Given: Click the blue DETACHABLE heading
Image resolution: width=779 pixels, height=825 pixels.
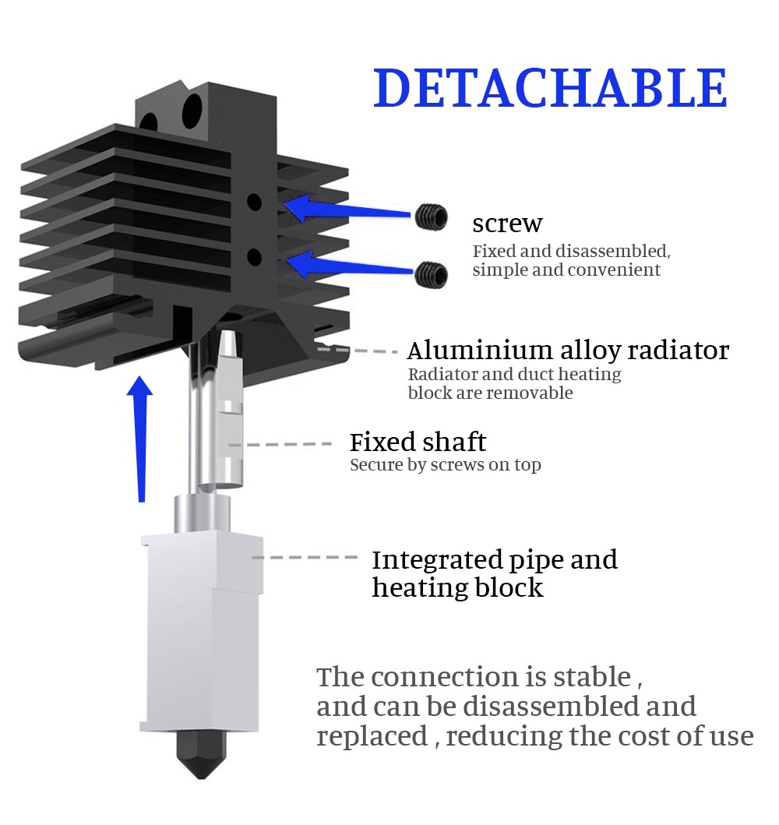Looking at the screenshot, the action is tap(550, 87).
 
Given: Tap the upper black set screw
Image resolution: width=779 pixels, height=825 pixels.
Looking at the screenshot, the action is tap(431, 217).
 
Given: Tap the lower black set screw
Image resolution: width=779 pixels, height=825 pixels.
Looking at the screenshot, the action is tap(432, 274).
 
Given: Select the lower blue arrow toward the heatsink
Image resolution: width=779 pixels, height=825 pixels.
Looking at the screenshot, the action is tap(349, 265).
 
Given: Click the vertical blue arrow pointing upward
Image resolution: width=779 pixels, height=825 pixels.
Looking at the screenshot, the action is tap(140, 439).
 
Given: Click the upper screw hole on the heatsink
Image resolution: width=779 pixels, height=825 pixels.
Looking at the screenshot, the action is tap(254, 202).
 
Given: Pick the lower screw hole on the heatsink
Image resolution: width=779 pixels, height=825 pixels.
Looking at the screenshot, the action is tap(254, 257).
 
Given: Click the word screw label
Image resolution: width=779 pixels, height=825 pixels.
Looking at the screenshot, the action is tap(507, 224).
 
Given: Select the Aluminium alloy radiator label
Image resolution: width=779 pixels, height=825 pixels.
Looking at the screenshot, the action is tap(568, 350).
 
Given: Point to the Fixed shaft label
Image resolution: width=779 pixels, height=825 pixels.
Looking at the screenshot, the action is tap(418, 442).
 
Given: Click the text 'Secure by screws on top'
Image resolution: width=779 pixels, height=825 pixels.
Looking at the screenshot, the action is tap(446, 465).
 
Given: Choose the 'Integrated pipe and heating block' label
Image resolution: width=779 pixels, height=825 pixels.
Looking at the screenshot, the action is tap(495, 573).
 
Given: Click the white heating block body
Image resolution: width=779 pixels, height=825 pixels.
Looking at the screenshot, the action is tap(202, 631).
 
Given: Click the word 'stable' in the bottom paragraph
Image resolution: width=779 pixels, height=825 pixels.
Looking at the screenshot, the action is tap(592, 677).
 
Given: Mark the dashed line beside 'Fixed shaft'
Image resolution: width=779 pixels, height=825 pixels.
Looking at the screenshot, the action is tap(280, 445).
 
